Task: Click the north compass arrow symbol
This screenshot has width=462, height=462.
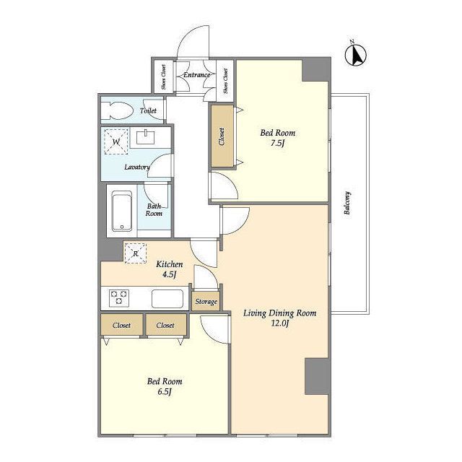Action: (x=356, y=55)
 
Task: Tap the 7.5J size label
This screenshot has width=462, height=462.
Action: (x=277, y=144)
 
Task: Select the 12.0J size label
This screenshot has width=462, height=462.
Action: (x=280, y=323)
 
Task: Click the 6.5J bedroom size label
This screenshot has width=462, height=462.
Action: (x=165, y=392)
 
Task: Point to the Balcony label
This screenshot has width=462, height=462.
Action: (x=347, y=203)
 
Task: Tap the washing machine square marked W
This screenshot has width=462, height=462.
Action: (x=116, y=141)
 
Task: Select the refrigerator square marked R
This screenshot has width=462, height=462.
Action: (x=136, y=253)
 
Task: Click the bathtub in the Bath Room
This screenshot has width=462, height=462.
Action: (x=122, y=211)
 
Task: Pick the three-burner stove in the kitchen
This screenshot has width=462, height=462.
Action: (x=119, y=297)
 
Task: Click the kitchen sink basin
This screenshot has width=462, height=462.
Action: (x=167, y=298)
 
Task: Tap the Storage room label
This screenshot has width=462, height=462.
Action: (x=206, y=302)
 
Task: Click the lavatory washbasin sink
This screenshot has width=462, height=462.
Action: (x=145, y=138)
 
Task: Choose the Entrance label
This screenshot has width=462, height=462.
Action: (x=197, y=75)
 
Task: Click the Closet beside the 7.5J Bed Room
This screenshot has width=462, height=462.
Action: (x=222, y=136)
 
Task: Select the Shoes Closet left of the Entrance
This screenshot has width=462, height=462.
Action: (x=164, y=77)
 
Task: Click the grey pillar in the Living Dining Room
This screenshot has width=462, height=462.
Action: (x=318, y=376)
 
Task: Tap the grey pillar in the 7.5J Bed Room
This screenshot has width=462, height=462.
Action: (x=316, y=70)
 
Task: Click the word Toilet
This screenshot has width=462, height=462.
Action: (x=148, y=110)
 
